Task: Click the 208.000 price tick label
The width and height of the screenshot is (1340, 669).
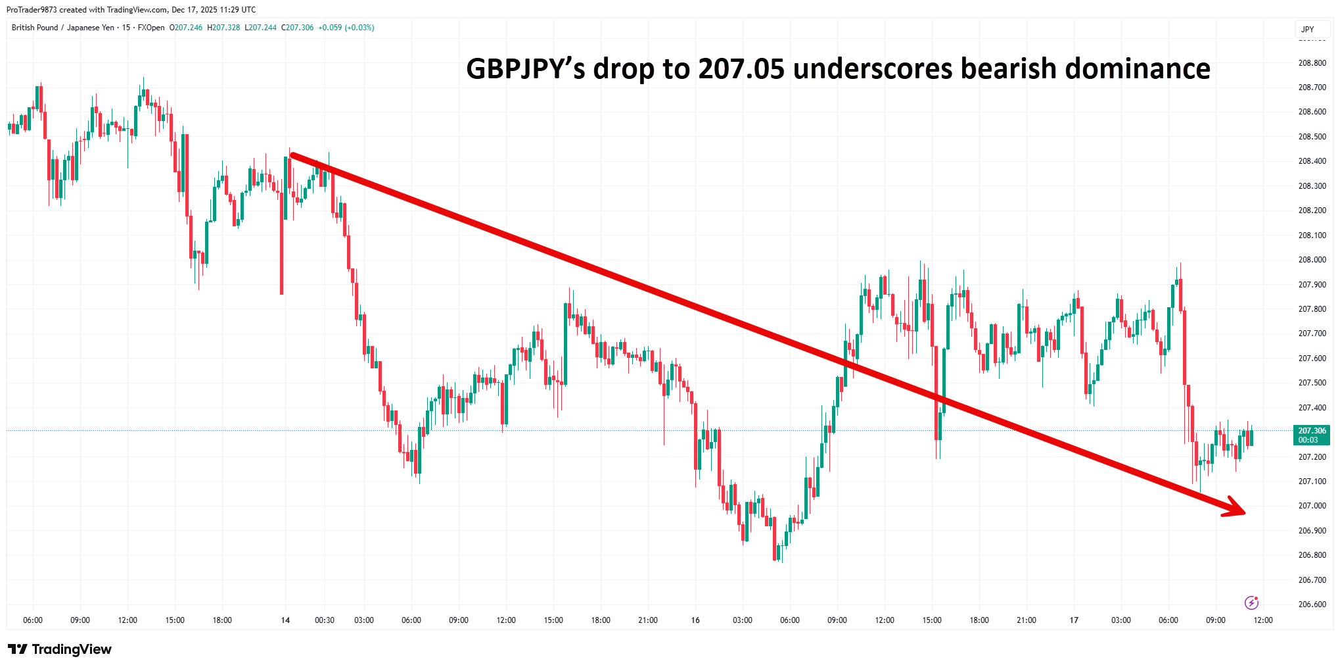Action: (x=1312, y=260)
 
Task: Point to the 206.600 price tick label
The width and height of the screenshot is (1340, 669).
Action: (x=1312, y=605)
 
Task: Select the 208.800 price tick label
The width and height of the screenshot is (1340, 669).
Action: (x=1312, y=63)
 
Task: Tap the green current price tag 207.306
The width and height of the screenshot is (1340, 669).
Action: (x=1312, y=435)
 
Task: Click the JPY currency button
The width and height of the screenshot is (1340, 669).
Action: (x=1307, y=30)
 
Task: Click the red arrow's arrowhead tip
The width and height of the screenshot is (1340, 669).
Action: (x=1244, y=513)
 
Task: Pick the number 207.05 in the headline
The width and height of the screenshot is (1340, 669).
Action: (x=741, y=69)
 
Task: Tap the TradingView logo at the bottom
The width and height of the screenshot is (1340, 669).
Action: (x=60, y=649)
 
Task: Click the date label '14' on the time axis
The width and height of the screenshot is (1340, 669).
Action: (x=285, y=620)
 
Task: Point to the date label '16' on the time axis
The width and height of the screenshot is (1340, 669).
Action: (x=695, y=620)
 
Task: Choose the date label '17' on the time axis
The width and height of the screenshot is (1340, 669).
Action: (x=1074, y=620)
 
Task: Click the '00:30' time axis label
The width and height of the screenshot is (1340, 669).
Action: (x=325, y=620)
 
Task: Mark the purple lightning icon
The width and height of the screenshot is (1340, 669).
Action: (x=1251, y=603)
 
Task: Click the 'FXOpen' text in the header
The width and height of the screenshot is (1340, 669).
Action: (x=151, y=28)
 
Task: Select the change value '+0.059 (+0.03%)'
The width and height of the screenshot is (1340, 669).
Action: (x=346, y=28)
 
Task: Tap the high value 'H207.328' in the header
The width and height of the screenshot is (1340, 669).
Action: (x=223, y=28)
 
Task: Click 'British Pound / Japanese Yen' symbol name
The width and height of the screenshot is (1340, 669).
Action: (x=63, y=28)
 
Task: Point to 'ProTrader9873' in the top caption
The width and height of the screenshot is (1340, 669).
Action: (x=32, y=10)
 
